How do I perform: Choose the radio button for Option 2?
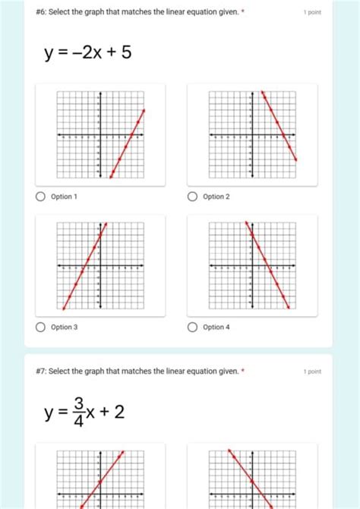(x=193, y=197)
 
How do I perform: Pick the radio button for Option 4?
(x=193, y=327)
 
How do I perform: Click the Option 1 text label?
(x=64, y=197)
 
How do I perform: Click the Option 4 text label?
(x=216, y=327)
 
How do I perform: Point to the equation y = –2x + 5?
(x=88, y=54)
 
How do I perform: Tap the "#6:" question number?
(x=42, y=13)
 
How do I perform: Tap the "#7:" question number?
(x=42, y=371)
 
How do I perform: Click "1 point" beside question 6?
(x=311, y=13)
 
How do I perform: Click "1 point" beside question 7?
(x=311, y=371)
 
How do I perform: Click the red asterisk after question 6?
(x=242, y=13)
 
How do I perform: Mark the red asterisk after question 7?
(x=242, y=371)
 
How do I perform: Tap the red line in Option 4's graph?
(x=267, y=266)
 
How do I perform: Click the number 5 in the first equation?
(x=126, y=54)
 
